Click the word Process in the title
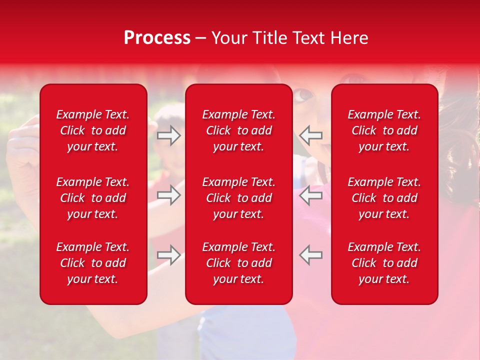point(157,38)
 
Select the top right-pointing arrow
point(169,135)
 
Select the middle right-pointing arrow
point(169,195)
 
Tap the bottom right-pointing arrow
point(169,255)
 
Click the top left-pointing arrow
point(311,135)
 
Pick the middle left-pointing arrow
point(311,195)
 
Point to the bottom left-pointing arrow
point(311,255)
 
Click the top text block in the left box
point(93,130)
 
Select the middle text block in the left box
point(93,198)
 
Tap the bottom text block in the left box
point(93,263)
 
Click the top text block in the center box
point(238,130)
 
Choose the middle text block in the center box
point(238,198)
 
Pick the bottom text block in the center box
point(238,263)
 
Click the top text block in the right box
point(384,130)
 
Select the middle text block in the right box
point(384,198)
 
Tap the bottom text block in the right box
point(384,263)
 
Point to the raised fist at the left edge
point(20,145)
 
